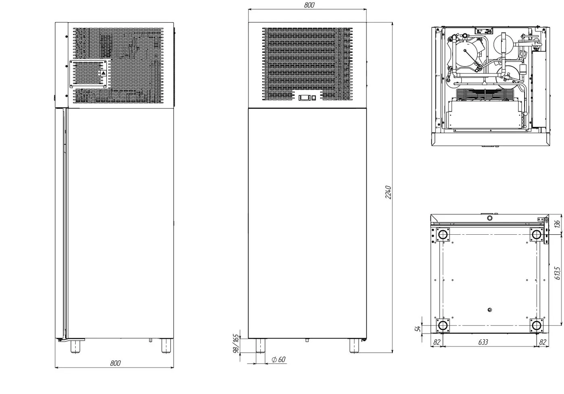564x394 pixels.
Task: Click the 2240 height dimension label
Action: tap(388, 192)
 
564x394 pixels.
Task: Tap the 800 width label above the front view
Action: tap(309, 5)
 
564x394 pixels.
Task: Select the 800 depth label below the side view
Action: tap(116, 363)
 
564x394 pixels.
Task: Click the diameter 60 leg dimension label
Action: tap(278, 359)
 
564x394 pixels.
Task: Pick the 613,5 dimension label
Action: tap(558, 273)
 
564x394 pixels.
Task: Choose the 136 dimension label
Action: tap(557, 224)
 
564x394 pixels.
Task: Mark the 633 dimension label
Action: tap(483, 342)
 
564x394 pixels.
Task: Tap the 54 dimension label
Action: tap(417, 329)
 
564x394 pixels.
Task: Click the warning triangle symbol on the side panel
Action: tap(103, 73)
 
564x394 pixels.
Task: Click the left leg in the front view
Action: tap(260, 346)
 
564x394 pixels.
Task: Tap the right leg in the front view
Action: tap(354, 346)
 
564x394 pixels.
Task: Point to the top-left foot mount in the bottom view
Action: tap(443, 235)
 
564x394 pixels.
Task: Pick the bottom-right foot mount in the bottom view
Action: tap(536, 325)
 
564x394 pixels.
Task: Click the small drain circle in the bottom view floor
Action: tap(489, 310)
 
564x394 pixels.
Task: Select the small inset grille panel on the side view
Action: tap(88, 74)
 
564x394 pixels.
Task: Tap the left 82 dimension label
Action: tap(437, 342)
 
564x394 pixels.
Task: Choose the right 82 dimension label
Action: tap(542, 342)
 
